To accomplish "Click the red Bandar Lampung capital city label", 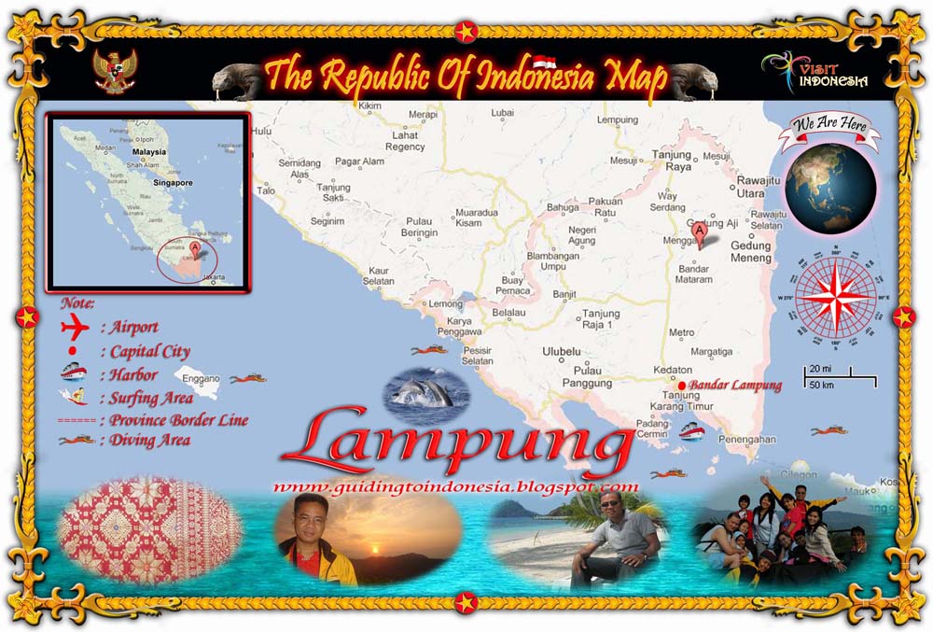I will coord(734,386).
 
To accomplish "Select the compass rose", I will coord(836,298).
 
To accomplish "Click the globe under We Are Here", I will coord(830,187).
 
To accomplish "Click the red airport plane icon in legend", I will coord(73,328).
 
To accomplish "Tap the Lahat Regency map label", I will coord(405,141).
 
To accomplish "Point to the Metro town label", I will coord(681,332).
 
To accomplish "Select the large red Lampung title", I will coord(457,442).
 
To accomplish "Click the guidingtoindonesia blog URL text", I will coord(456,486).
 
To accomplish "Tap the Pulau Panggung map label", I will coord(586,376).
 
